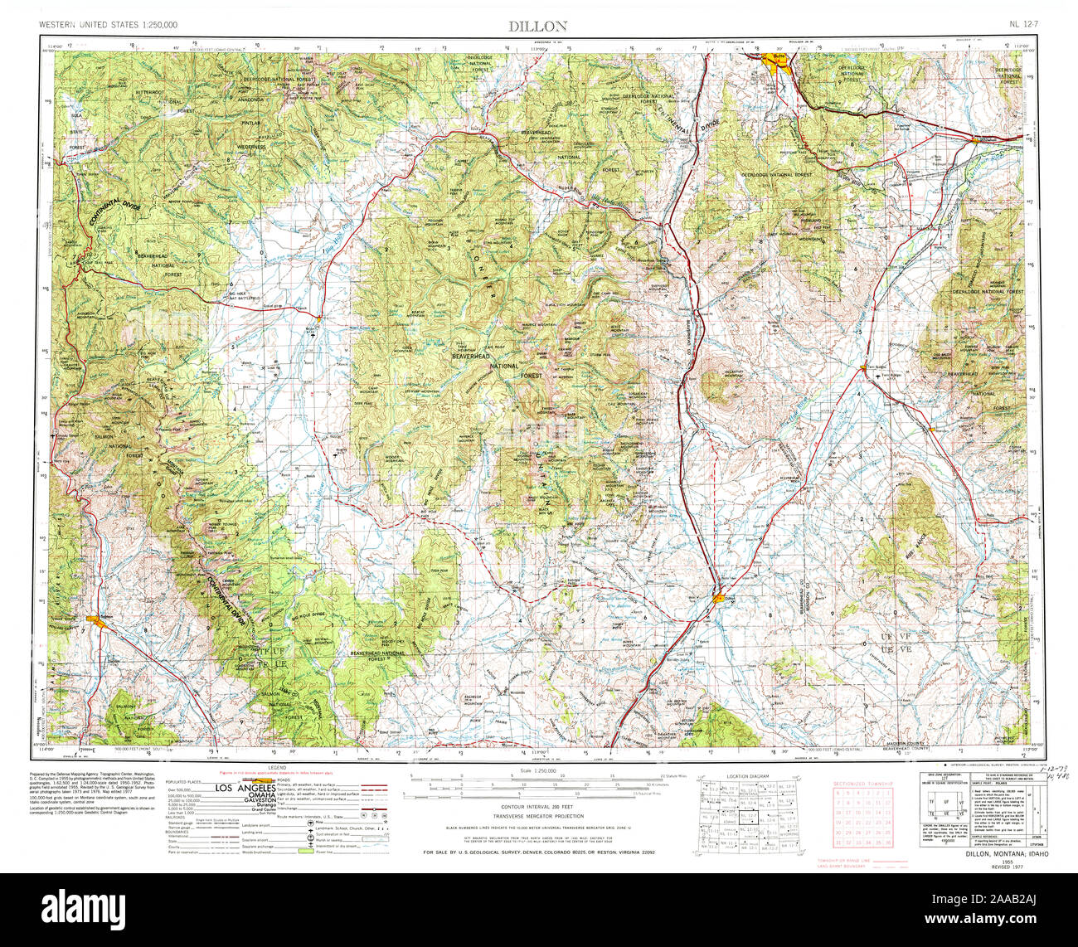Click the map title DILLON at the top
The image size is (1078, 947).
click(538, 26)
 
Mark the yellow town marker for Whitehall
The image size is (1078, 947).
click(977, 140)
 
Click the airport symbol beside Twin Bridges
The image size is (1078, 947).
click(877, 376)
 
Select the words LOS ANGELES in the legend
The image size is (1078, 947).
click(245, 789)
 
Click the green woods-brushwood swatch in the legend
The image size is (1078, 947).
click(305, 852)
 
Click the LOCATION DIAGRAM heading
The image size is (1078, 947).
click(748, 775)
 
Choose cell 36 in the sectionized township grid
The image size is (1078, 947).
click(888, 843)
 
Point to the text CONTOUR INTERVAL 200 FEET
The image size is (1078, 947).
click(538, 806)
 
